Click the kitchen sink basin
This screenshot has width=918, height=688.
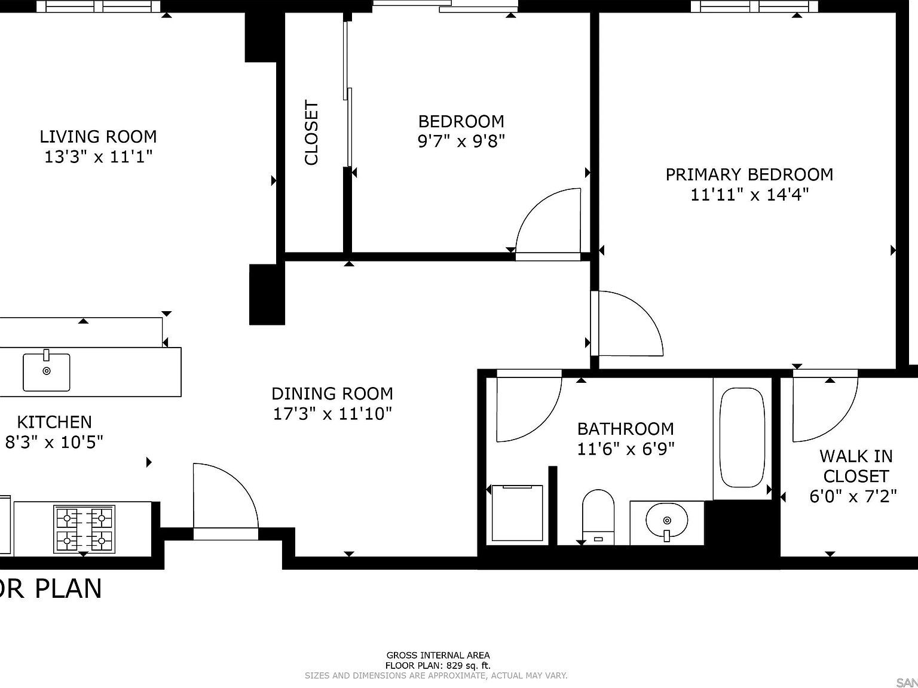coord(47,372)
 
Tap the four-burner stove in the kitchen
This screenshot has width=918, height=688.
coord(84,529)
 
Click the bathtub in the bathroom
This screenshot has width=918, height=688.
coord(742,437)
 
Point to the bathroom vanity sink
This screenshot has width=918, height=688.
coord(666,521)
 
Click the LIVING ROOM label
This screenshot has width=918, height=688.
coord(98,137)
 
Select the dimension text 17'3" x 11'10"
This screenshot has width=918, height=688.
coord(332,414)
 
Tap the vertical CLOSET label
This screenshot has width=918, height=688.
coord(311,133)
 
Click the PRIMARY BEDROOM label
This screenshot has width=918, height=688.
coord(749,174)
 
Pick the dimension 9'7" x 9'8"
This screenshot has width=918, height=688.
coord(461,142)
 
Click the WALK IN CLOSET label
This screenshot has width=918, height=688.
coord(856,466)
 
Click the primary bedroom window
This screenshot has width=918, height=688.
coord(754,7)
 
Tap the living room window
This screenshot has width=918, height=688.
coord(99,7)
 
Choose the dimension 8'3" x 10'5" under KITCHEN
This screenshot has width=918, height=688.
coord(54,443)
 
